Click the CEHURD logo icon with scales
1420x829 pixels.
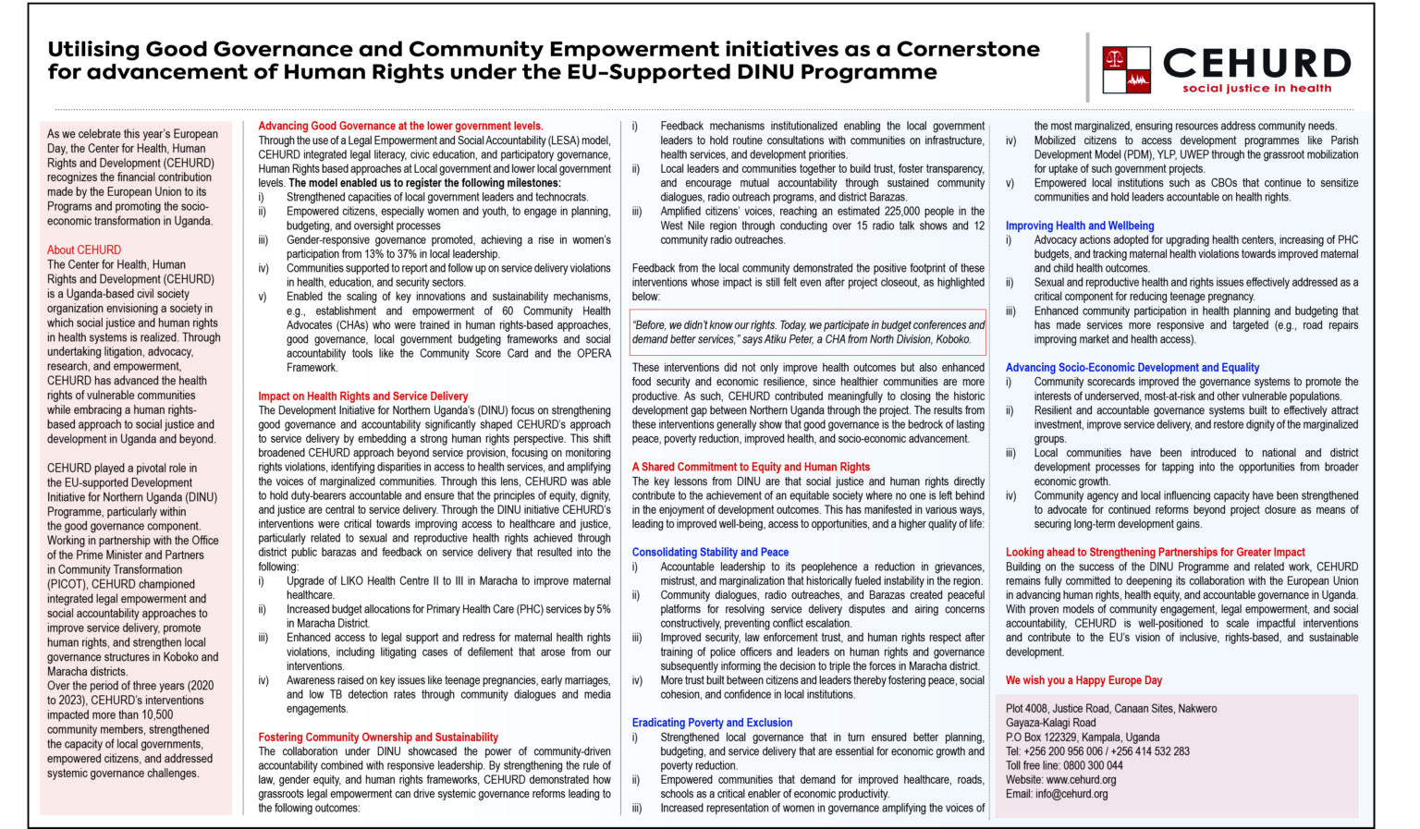[1126, 70]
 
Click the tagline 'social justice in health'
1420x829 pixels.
[1256, 89]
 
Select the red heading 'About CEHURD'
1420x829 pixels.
[84, 250]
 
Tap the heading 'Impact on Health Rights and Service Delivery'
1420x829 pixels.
[363, 396]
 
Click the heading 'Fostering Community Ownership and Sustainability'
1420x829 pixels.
[378, 738]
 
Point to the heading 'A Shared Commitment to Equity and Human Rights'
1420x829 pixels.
[751, 468]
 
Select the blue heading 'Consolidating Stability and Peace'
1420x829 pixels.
[710, 553]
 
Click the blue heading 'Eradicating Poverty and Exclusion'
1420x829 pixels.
[712, 723]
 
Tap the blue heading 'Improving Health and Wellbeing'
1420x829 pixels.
[1080, 226]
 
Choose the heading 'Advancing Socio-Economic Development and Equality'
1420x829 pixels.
[1132, 368]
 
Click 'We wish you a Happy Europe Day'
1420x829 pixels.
[1083, 680]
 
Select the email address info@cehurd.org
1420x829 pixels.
[1071, 794]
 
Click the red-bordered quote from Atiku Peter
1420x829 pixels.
[808, 333]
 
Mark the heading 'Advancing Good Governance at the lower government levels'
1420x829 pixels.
[400, 127]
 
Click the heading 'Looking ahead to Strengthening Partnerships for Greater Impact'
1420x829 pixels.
[1156, 553]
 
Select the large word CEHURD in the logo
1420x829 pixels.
[1256, 64]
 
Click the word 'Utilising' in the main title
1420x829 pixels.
[92, 50]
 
